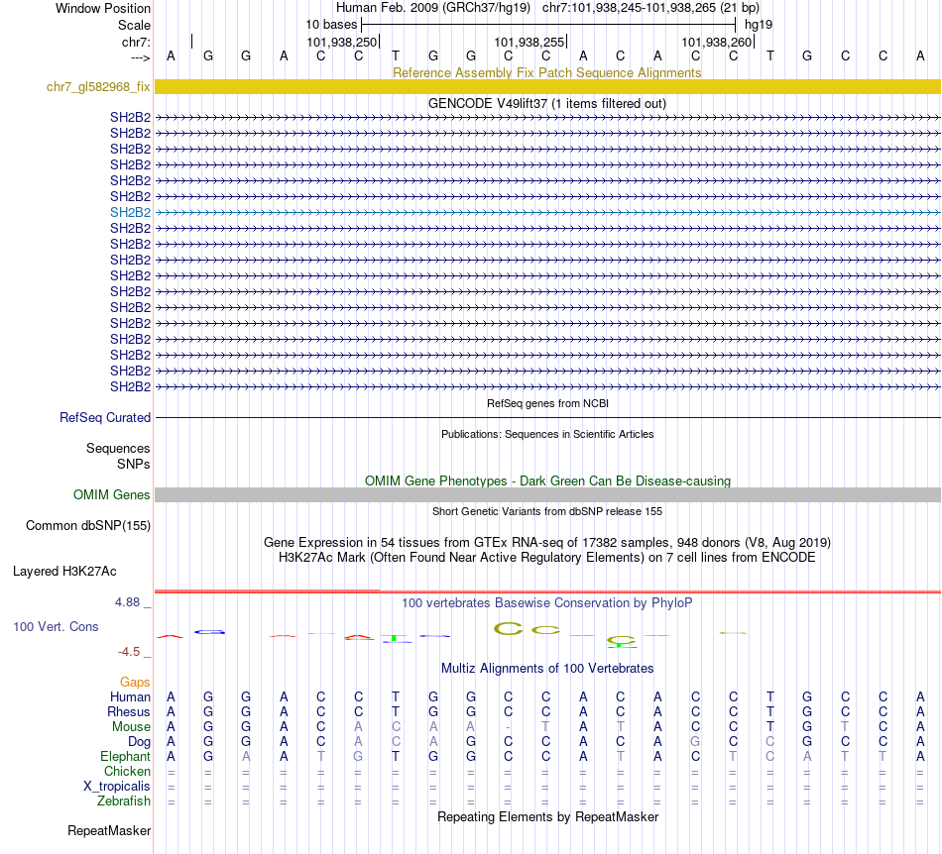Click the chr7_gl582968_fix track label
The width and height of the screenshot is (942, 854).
[98, 87]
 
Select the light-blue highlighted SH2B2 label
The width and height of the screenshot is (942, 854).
[130, 212]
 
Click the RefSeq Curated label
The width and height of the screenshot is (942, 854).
[105, 418]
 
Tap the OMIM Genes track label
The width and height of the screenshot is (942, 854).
[112, 494]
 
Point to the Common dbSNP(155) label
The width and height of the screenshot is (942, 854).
[88, 526]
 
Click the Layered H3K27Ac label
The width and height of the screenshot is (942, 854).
[64, 571]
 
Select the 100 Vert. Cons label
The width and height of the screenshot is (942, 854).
[56, 627]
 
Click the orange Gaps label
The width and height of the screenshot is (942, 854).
[135, 683]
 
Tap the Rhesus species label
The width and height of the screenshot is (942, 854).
[129, 712]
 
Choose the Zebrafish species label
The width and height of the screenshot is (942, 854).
[125, 801]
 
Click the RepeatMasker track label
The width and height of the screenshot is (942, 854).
[109, 830]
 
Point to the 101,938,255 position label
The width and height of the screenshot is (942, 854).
[530, 43]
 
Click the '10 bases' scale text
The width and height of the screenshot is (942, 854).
[331, 24]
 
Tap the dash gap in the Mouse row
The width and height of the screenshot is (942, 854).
[508, 727]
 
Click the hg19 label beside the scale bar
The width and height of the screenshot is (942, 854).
[759, 24]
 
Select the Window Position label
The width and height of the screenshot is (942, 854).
[103, 8]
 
